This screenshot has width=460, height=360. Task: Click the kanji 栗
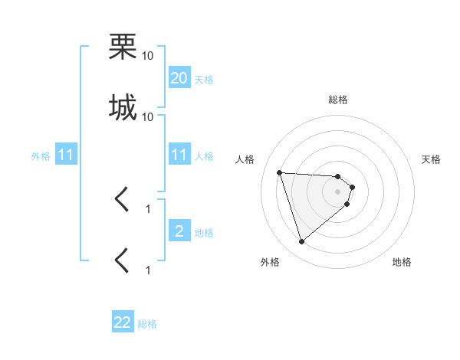[x=122, y=47]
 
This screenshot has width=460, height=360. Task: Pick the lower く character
[x=122, y=260]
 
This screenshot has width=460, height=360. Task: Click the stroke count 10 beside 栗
[x=148, y=56]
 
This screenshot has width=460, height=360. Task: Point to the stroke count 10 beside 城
[x=148, y=117]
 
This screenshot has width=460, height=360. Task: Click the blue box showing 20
[x=179, y=77]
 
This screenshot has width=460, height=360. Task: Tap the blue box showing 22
[x=123, y=322]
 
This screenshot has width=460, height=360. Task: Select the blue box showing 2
[x=179, y=231]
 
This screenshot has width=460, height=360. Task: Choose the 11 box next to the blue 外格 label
[x=66, y=155]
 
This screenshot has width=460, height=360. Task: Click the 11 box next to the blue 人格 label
[x=179, y=155]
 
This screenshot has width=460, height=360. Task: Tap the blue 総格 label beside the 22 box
[x=147, y=324]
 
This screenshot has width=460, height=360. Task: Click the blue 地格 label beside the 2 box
[x=204, y=232]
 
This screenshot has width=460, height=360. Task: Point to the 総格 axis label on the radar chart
[x=338, y=100]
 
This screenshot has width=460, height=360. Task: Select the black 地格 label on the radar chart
[x=402, y=262]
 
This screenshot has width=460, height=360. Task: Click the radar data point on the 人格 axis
[x=280, y=172]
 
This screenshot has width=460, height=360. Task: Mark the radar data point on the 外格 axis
[x=301, y=242]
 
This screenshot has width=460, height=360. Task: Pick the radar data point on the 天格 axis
[x=353, y=187]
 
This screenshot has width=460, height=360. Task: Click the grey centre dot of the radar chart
[x=338, y=202]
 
